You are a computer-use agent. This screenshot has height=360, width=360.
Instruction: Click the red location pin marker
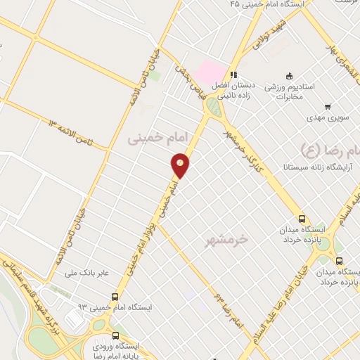(x=181, y=165)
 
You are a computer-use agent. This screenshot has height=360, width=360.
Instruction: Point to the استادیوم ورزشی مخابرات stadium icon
(x=288, y=76)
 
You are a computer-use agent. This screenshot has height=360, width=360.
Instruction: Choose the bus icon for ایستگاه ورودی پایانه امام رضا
(x=115, y=336)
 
